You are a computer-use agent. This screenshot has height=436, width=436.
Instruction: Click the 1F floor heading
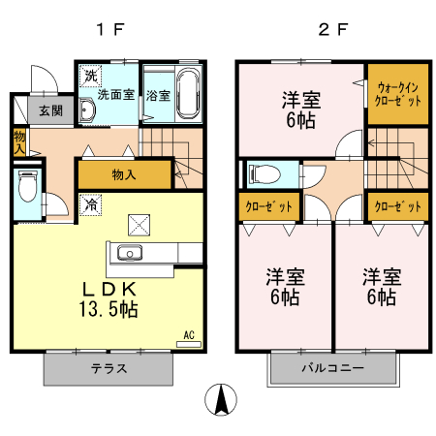point(110,28)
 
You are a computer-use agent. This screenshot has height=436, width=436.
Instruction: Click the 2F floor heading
point(332,28)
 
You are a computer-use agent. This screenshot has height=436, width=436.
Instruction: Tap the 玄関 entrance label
point(50,109)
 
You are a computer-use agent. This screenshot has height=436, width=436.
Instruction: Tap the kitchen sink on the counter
point(130,254)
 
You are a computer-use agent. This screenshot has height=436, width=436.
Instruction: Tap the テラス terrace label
point(109,369)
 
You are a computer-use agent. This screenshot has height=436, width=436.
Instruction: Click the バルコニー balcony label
point(332,369)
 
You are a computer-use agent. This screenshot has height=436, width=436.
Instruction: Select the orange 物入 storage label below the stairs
point(123,174)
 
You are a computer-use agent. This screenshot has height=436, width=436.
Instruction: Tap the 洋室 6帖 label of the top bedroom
point(301,109)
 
